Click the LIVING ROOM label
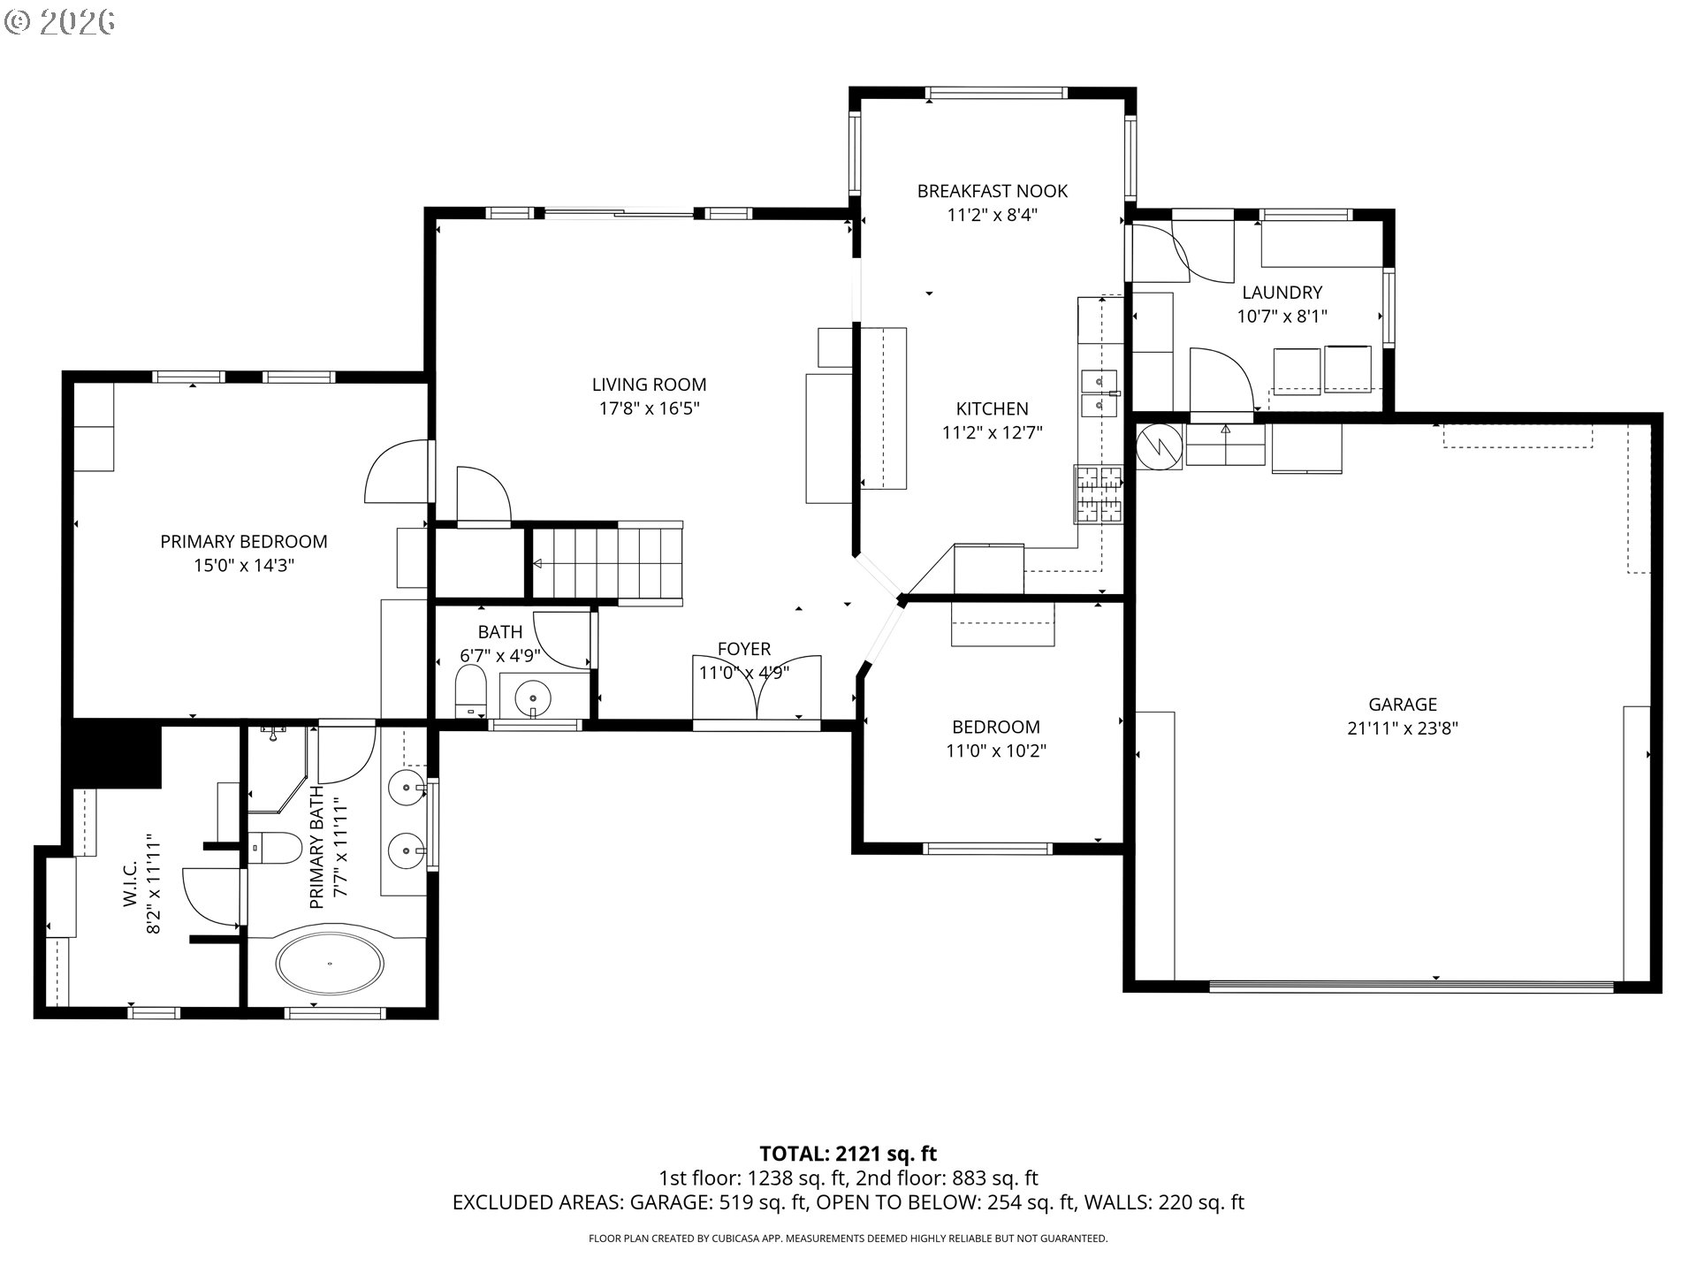pos(649,385)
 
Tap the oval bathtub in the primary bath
pos(331,963)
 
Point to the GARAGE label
pos(1403,705)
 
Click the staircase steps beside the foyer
pos(606,563)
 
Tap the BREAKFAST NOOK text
pos(992,191)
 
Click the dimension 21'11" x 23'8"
pos(1403,728)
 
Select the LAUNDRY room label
pos(1282,293)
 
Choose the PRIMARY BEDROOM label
pos(244,542)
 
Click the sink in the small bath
pos(533,695)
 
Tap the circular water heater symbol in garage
pos(1158,446)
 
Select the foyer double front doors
pos(757,690)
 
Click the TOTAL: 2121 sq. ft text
pos(848,1154)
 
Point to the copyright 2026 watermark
pos(59,22)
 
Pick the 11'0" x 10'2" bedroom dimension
pos(995,751)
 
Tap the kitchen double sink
pos(1099,393)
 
